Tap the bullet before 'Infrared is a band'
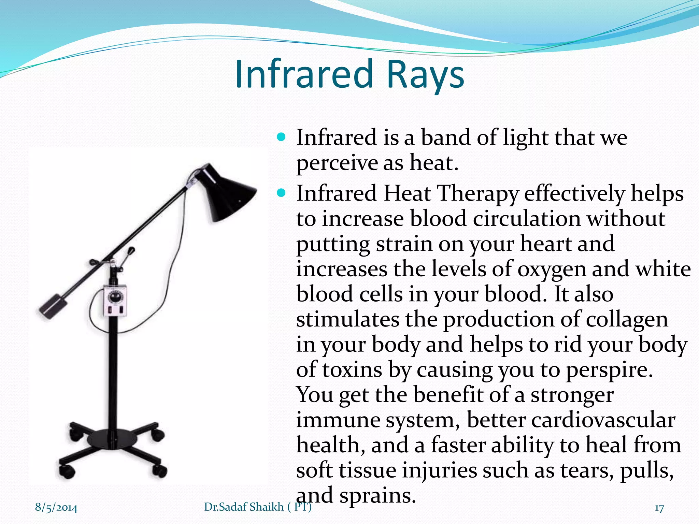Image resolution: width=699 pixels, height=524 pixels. point(281,137)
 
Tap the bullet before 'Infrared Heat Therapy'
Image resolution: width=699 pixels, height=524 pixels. point(281,193)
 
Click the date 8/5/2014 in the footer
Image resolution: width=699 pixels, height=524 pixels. point(56,507)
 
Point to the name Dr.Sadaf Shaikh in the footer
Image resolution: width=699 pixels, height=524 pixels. point(244,507)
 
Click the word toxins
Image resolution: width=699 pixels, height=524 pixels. point(352,370)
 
